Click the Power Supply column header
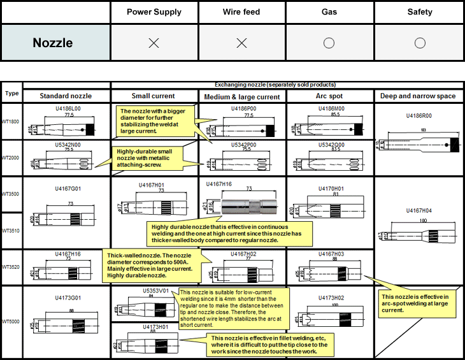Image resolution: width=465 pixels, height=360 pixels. coord(154,11)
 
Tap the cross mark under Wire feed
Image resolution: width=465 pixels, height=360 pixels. coord(241,43)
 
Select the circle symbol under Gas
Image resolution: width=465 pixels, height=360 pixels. coord(329,43)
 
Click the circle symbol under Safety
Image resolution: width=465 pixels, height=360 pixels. coord(419,43)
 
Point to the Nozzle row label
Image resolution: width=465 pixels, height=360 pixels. coord(53,43)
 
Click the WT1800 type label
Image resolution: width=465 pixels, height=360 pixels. coord(11,122)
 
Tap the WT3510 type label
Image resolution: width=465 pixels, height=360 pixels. coord(11,230)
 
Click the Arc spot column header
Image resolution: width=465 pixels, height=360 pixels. coord(329,96)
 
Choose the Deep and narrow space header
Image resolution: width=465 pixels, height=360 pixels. coord(418,96)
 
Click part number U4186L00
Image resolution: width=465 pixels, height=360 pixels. coord(68,110)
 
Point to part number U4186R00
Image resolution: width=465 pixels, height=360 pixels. coord(418,117)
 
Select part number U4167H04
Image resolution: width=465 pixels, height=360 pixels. coord(418,210)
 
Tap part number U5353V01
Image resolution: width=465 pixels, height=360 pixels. coord(155,291)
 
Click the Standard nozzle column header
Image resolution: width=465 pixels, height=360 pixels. coord(66,96)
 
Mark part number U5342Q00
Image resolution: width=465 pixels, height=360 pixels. coord(331,145)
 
